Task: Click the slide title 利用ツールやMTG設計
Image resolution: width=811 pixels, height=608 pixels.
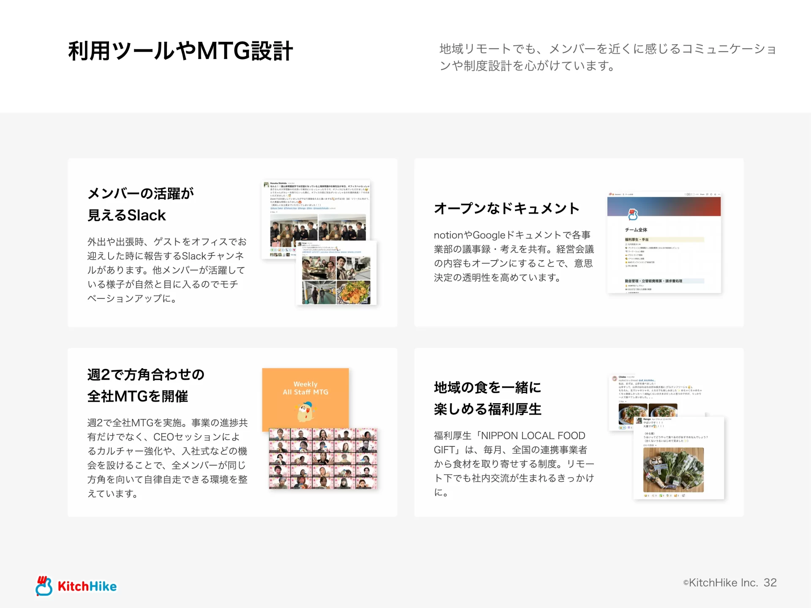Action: (180, 51)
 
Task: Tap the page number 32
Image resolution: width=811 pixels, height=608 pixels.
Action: (770, 583)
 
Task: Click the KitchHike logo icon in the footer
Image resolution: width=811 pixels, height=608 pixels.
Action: (44, 586)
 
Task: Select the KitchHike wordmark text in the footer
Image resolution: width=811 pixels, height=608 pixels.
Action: (87, 586)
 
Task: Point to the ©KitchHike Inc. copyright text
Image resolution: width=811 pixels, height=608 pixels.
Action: (720, 583)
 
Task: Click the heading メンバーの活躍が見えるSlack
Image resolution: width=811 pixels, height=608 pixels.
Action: (140, 204)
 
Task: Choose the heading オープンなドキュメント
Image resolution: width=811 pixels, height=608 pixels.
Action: (506, 208)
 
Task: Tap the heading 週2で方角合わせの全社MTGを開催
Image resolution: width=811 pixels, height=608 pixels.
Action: (146, 385)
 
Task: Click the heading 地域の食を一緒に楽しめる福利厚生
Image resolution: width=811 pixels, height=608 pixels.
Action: (487, 398)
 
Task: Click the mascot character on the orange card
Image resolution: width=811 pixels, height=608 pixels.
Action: (306, 412)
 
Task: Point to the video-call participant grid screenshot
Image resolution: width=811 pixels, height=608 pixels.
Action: (323, 459)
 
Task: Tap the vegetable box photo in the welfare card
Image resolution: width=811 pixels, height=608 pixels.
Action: (673, 470)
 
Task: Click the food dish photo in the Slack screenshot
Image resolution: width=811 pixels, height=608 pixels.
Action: (354, 292)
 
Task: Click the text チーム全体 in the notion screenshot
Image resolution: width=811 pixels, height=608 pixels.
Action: (636, 230)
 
